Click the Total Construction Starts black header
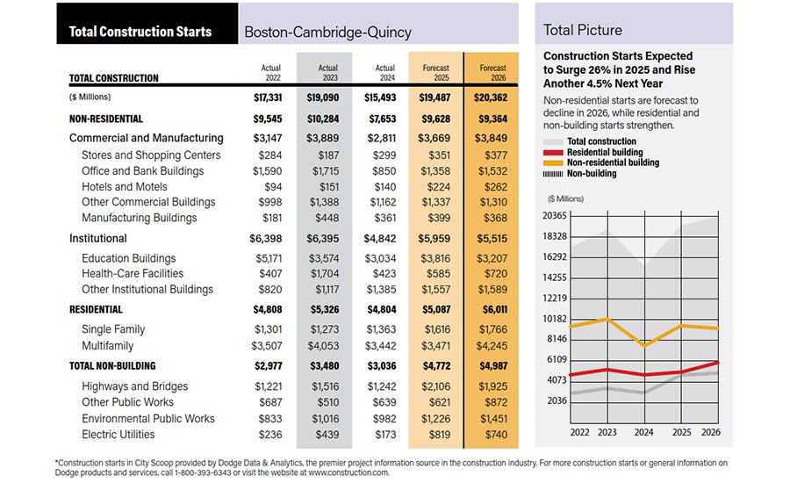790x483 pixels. click(140, 32)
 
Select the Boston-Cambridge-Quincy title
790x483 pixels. click(327, 32)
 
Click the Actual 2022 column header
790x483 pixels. click(271, 72)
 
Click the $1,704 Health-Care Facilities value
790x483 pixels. click(327, 274)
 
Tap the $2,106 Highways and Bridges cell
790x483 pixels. click(439, 386)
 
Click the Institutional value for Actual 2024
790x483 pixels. click(383, 238)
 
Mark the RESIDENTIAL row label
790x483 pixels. click(96, 309)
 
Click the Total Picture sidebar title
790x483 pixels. click(583, 30)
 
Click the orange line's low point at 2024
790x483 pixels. click(645, 345)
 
